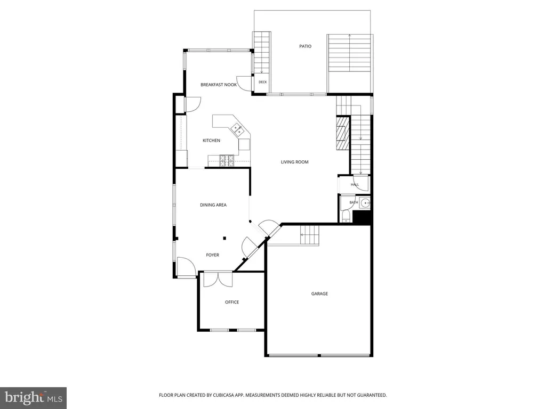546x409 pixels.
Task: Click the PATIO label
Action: click(306, 46)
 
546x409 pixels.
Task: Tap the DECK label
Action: click(262, 82)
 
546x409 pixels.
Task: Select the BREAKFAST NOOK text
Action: click(219, 85)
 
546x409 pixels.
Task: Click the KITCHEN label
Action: click(211, 141)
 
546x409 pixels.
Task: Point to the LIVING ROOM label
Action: click(294, 162)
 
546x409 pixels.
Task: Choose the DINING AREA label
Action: click(213, 205)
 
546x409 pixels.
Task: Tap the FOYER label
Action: click(212, 255)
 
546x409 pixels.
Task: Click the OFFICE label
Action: click(232, 302)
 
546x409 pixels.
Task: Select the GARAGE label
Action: click(319, 293)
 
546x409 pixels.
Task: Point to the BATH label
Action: click(354, 202)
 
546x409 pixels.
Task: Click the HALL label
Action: click(355, 185)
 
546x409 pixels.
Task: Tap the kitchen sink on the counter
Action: click(237, 129)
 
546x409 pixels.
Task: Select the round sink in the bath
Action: click(365, 202)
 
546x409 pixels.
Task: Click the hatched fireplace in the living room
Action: click(343, 133)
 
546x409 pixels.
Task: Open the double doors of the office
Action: click(218, 279)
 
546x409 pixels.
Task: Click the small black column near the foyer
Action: click(224, 238)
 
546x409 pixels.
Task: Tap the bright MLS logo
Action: click(34, 397)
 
